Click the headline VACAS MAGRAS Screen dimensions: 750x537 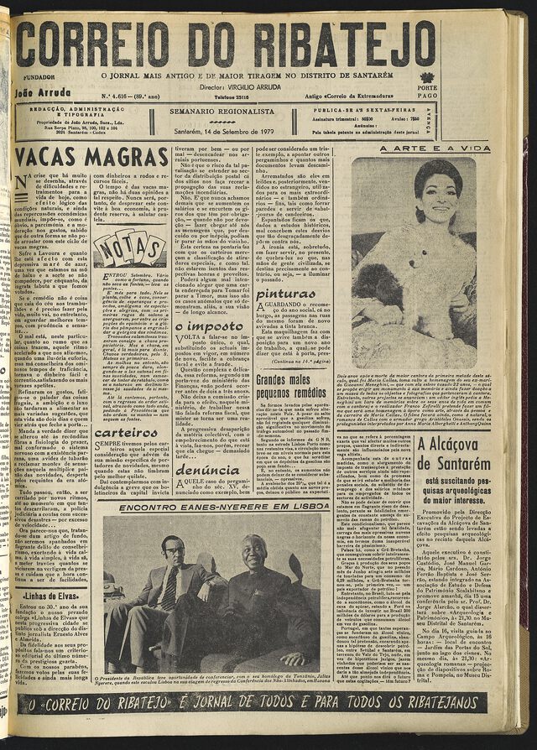81,157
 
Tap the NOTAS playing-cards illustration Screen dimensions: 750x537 129,249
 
